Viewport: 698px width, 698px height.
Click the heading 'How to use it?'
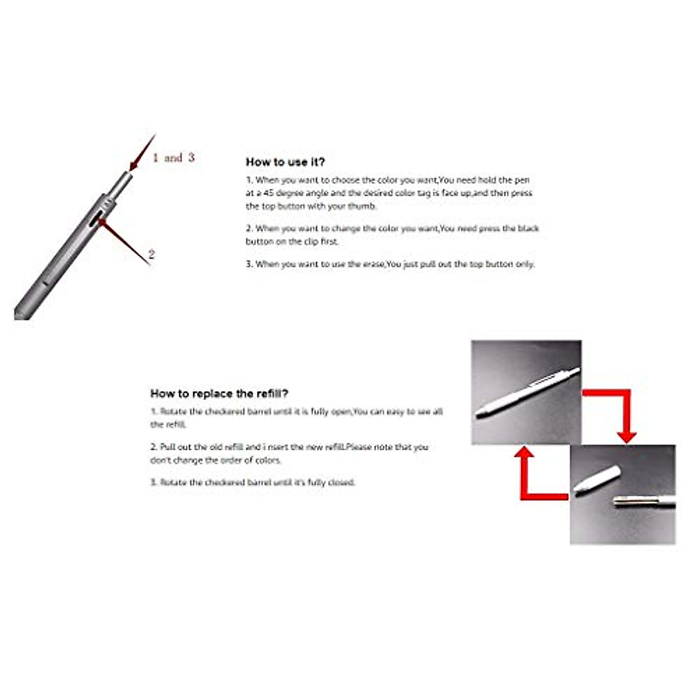pos(285,162)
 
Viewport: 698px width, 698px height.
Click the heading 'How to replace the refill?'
pos(219,394)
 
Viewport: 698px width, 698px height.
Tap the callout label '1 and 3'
pos(173,158)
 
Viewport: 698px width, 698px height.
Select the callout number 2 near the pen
pos(151,254)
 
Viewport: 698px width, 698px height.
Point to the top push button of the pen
pos(124,180)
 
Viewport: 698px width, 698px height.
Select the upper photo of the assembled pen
pos(526,391)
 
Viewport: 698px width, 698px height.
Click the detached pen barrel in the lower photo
pos(597,480)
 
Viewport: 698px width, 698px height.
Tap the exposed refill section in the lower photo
pos(643,501)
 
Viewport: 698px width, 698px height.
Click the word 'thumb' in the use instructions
pos(361,206)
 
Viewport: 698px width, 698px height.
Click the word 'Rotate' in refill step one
pos(173,412)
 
